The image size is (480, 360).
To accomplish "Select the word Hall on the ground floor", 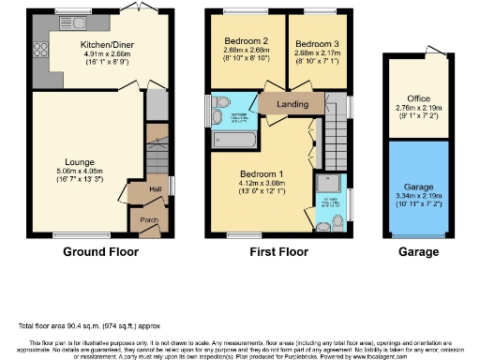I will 154,188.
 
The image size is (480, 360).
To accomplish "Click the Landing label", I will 288,104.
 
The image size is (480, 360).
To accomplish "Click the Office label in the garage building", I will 418,98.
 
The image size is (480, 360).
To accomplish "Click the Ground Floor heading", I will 100,252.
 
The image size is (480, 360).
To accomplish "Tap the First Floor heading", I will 277,252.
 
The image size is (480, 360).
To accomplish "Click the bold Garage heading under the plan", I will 417,252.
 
